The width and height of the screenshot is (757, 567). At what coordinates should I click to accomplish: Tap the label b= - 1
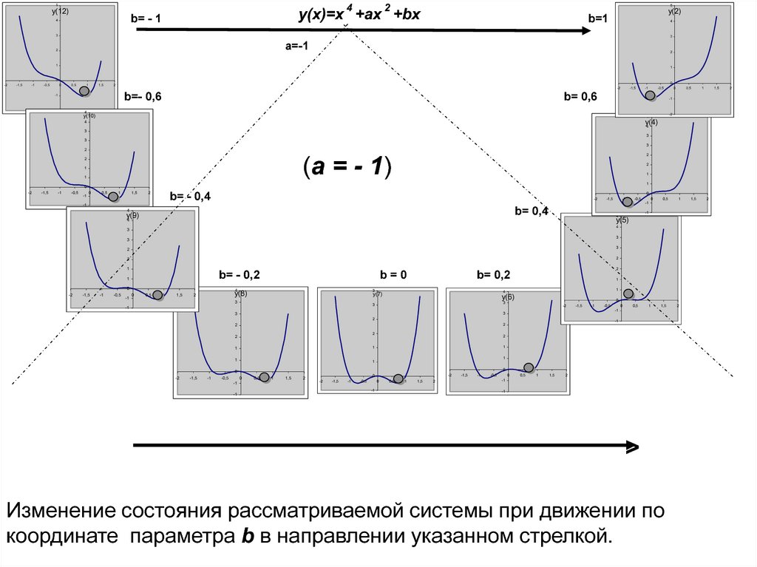pos(146,18)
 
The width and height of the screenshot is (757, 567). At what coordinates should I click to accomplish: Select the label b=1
pos(597,18)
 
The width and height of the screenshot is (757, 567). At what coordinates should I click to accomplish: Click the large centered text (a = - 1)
pos(346,167)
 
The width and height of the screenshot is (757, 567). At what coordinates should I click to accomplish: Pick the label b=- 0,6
pos(143,96)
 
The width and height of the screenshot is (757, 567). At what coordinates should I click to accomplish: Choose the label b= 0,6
pos(580,96)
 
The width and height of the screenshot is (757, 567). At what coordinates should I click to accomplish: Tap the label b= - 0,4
pos(189,196)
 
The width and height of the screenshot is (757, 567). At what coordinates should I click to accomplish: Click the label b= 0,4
pos(532,211)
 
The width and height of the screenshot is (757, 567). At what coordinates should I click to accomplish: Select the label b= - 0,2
pos(239,275)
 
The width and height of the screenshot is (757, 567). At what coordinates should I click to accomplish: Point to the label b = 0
pos(394,275)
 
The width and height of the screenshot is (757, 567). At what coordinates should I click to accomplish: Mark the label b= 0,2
pos(493,275)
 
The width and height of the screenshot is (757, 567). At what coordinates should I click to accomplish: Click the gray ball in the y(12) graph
pos(84,91)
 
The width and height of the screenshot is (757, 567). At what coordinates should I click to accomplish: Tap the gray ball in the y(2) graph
pos(650,95)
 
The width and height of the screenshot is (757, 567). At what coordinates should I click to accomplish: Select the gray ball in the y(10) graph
pos(113,197)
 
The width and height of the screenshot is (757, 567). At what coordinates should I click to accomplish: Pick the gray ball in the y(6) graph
pos(528,367)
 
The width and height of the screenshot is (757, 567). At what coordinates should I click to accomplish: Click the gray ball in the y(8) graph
pos(265,377)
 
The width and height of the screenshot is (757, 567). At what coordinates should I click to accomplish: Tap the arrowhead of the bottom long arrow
pos(632,447)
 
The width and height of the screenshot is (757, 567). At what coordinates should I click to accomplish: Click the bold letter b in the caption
pos(248,535)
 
